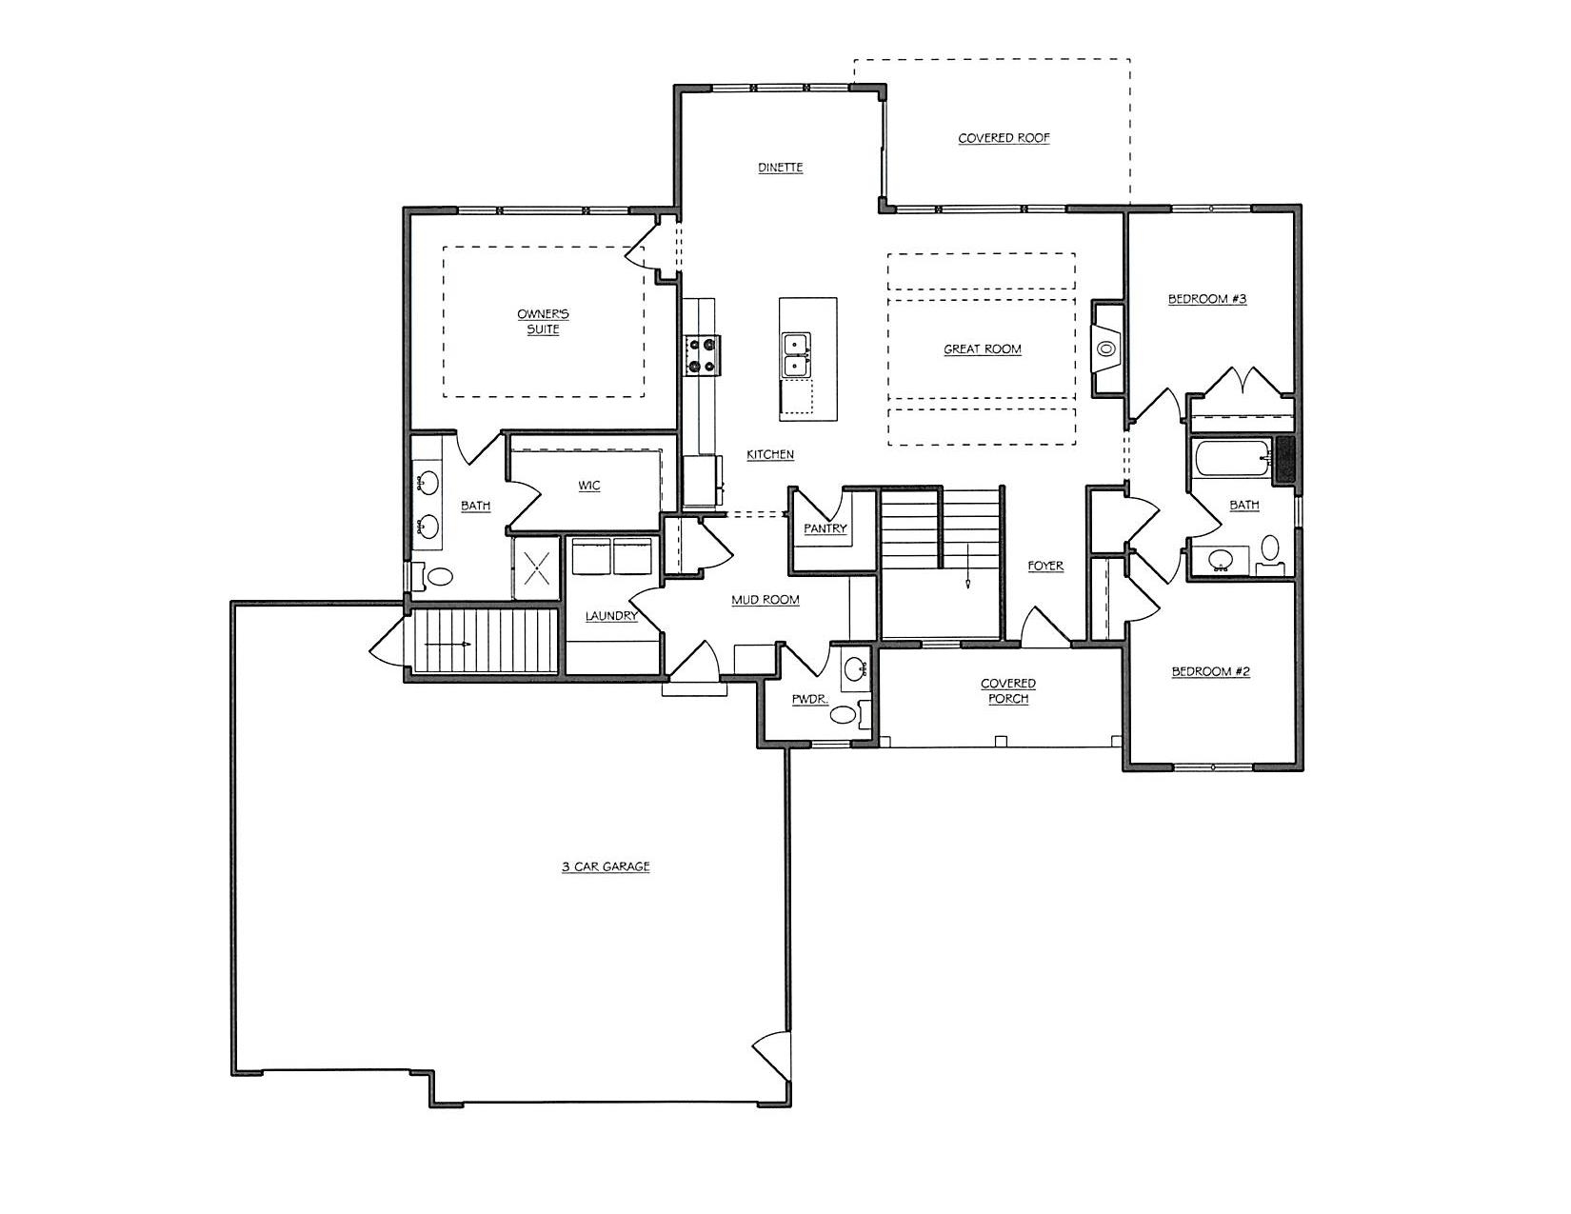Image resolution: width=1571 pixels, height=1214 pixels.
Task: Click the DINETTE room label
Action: point(780,167)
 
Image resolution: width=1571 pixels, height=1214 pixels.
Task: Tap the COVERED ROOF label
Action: point(1004,137)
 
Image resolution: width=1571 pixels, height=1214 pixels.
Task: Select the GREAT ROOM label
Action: point(982,349)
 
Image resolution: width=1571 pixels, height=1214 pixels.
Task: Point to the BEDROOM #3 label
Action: point(1207,299)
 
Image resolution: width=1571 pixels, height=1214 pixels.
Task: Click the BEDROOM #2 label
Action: point(1210,671)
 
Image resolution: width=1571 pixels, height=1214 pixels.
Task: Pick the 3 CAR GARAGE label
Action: point(606,866)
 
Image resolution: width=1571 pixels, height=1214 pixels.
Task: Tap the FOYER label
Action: point(1045,567)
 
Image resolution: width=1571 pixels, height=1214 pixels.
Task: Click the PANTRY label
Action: point(825,528)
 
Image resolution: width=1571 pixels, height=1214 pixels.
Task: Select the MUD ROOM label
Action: point(765,600)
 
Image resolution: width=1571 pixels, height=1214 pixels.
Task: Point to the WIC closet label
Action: point(588,486)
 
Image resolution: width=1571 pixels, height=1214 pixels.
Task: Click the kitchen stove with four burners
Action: point(702,356)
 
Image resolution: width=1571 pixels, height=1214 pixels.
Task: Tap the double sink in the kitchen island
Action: point(796,355)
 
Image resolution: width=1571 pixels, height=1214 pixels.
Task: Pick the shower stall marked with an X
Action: point(536,567)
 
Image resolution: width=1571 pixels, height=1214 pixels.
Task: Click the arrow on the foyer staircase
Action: point(967,567)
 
